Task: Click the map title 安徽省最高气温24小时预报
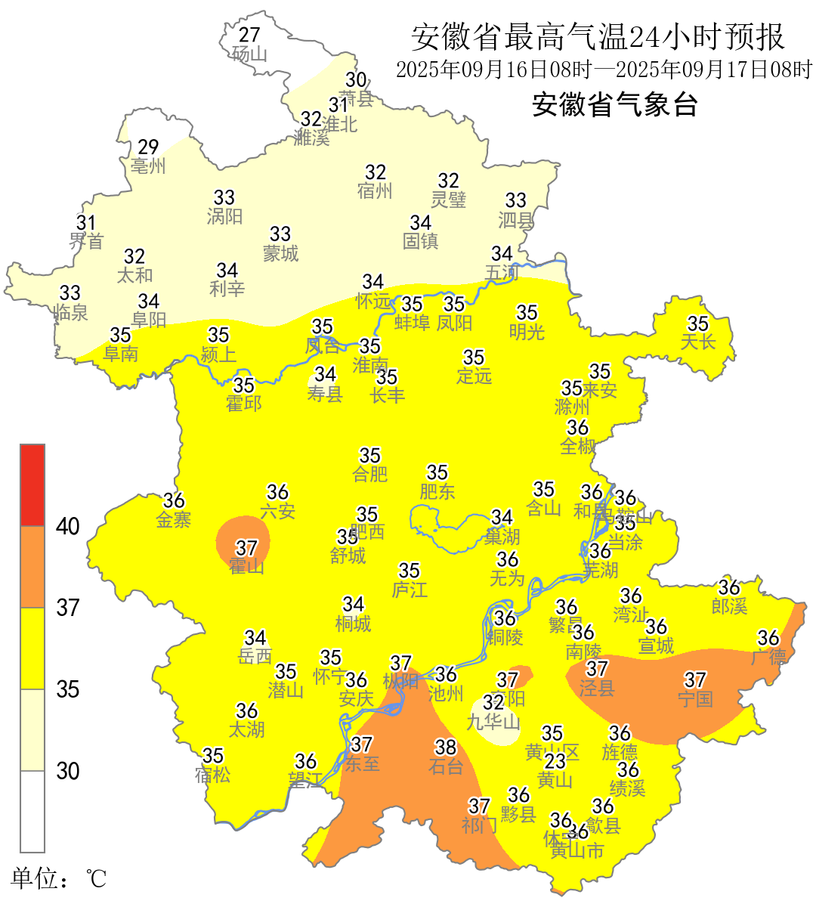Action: [x=598, y=36]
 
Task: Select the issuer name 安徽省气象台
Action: [x=614, y=104]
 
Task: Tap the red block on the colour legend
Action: [x=32, y=484]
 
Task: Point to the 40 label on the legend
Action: [x=68, y=527]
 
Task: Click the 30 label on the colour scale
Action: [x=68, y=771]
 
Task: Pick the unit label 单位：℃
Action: [x=58, y=879]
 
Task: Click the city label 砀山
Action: [x=249, y=54]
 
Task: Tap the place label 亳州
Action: [x=148, y=166]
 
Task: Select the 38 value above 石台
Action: [x=446, y=748]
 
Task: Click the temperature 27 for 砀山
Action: [x=249, y=35]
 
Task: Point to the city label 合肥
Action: [x=370, y=474]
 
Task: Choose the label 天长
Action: [x=697, y=342]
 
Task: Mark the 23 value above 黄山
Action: [x=555, y=761]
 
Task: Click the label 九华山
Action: [x=493, y=722]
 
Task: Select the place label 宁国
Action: [x=695, y=699]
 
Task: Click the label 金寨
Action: [x=174, y=519]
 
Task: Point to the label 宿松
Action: [x=213, y=775]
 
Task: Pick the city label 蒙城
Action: [x=280, y=253]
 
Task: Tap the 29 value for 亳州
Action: [x=148, y=147]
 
